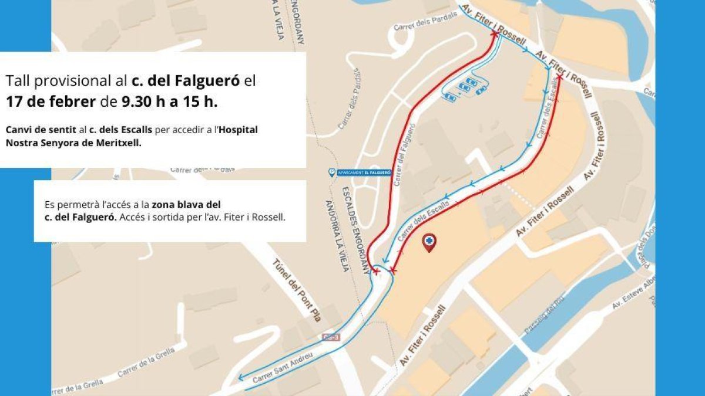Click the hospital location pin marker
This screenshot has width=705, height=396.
coord(429,242)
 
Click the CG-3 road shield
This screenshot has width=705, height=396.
coord(331,337)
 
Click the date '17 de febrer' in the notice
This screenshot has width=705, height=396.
coord(51,101)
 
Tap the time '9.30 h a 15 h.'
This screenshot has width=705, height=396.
coord(170,101)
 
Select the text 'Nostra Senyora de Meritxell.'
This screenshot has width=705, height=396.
coord(73,142)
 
